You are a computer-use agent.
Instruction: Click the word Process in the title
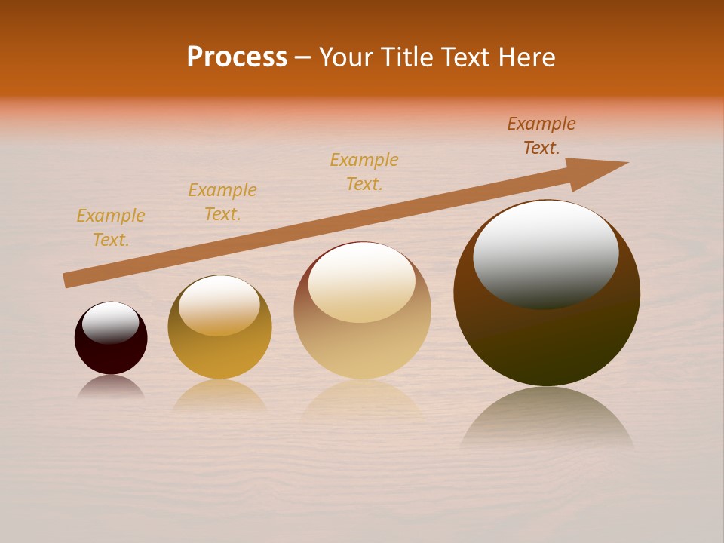(x=237, y=57)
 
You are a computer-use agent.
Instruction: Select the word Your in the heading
(x=348, y=57)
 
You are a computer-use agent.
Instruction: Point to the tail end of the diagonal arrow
(x=66, y=281)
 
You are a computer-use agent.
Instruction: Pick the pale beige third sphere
(x=362, y=347)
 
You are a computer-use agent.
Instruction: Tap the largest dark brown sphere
(x=547, y=339)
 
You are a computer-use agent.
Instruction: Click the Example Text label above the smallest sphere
(x=111, y=228)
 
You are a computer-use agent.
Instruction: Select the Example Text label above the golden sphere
(x=222, y=202)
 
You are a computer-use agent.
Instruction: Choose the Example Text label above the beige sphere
(x=364, y=172)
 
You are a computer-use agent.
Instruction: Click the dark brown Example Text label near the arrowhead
(x=541, y=136)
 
